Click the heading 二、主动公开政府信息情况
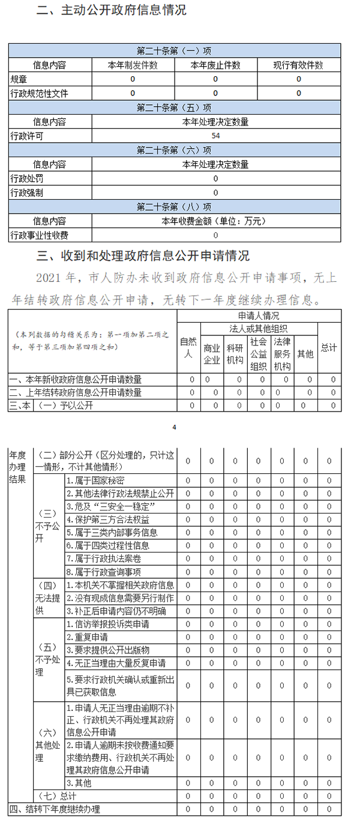[111, 10]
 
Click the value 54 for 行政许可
[215, 136]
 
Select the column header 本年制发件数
[133, 65]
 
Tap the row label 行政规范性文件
[39, 94]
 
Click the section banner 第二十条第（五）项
[174, 108]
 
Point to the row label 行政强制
[26, 193]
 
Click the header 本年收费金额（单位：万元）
[215, 221]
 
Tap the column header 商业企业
[212, 354]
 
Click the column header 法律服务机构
[282, 354]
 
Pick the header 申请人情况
[259, 316]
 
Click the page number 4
[174, 427]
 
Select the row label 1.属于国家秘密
[95, 480]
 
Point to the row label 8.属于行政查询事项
[104, 572]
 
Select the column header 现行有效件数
[298, 65]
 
